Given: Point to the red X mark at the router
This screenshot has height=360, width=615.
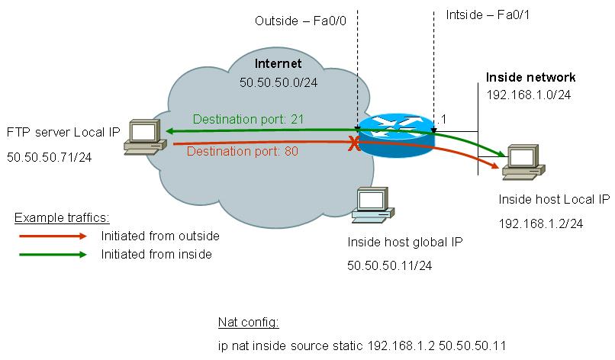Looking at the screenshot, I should pyautogui.click(x=353, y=144).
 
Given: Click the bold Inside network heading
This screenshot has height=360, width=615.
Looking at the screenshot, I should pyautogui.click(x=531, y=78).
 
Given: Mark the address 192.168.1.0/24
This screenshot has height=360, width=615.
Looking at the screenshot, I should pyautogui.click(x=528, y=95).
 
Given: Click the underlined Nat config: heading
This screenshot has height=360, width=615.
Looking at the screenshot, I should pyautogui.click(x=246, y=321).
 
